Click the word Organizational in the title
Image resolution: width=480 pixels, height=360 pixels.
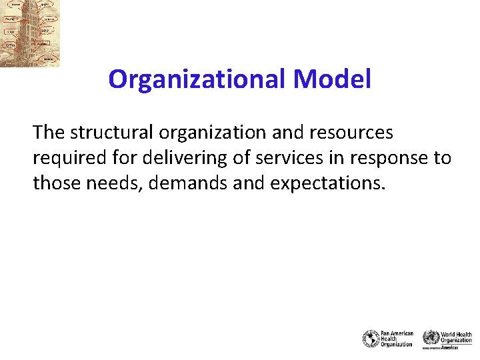197,80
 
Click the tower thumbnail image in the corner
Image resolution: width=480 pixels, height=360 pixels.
29,33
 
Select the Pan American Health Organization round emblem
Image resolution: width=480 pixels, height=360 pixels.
370,339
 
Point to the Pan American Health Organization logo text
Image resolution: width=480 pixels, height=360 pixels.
397,339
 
